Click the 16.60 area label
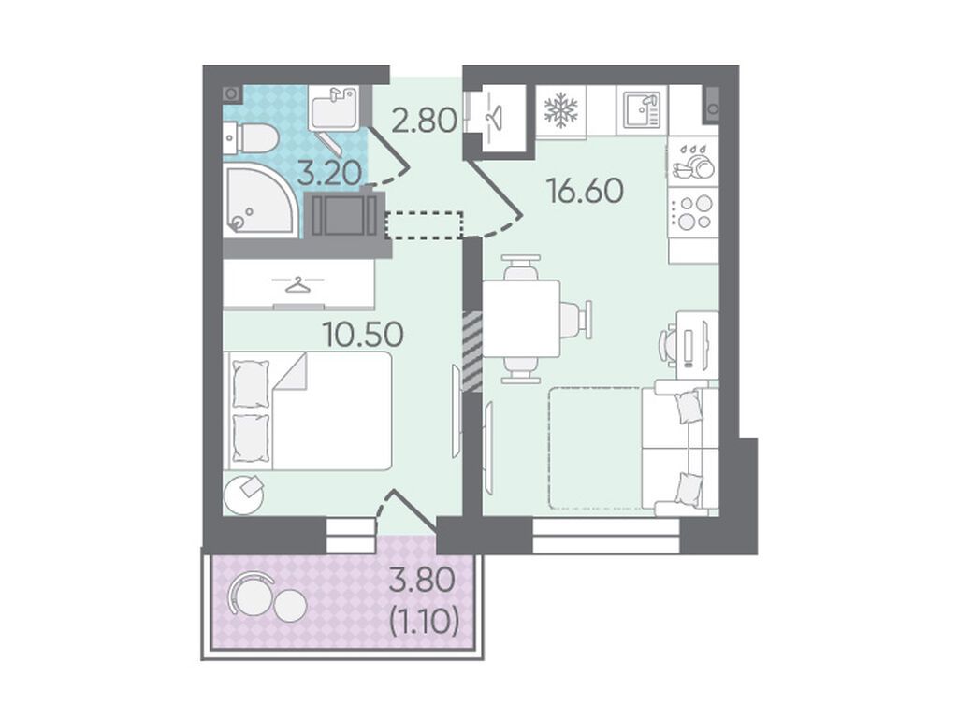[586, 191]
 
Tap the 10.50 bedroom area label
[364, 334]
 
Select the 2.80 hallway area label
[424, 121]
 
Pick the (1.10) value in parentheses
[424, 622]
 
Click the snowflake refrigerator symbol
[560, 110]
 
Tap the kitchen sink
[643, 110]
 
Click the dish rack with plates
[693, 163]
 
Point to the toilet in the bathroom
[250, 137]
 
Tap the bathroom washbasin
[333, 108]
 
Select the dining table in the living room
[522, 319]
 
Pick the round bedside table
[244, 495]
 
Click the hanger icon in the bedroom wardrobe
[297, 283]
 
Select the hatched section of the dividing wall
[472, 352]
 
